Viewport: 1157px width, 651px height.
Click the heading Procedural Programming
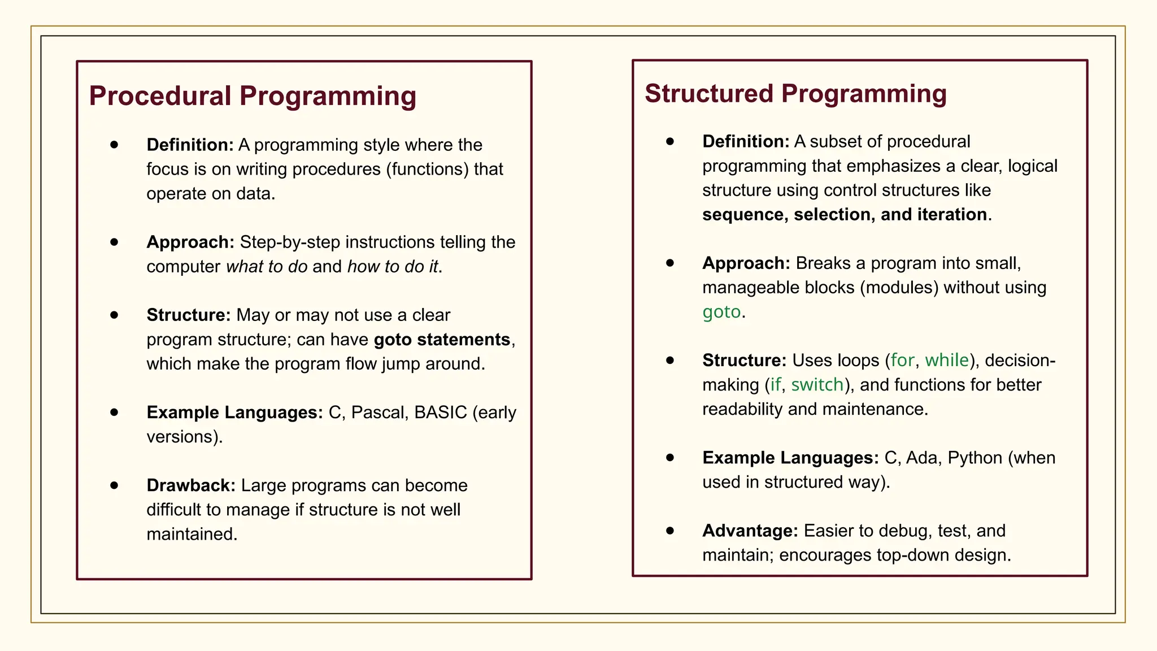pyautogui.click(x=253, y=96)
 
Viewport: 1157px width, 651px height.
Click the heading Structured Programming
pyautogui.click(x=795, y=94)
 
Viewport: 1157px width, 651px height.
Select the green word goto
pyautogui.click(x=721, y=312)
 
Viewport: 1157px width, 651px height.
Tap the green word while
pyautogui.click(x=946, y=361)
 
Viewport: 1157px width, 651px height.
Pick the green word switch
pyautogui.click(x=817, y=385)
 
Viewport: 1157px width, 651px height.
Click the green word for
pyautogui.click(x=902, y=361)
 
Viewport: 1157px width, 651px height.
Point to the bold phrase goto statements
pyautogui.click(x=442, y=340)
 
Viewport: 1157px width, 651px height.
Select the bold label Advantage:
pyautogui.click(x=750, y=531)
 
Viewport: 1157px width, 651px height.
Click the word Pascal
pyautogui.click(x=379, y=413)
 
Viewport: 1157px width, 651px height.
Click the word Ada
pyautogui.click(x=921, y=458)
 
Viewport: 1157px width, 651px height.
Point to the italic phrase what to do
pyautogui.click(x=267, y=267)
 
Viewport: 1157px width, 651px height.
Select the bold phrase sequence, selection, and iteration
pyautogui.click(x=845, y=215)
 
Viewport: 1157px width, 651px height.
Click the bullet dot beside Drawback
pyautogui.click(x=114, y=485)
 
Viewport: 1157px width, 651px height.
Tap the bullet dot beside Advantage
pyautogui.click(x=670, y=530)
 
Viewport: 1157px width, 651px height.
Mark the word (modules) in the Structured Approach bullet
pyautogui.click(x=899, y=288)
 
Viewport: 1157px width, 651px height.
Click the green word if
pyautogui.click(x=775, y=385)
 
